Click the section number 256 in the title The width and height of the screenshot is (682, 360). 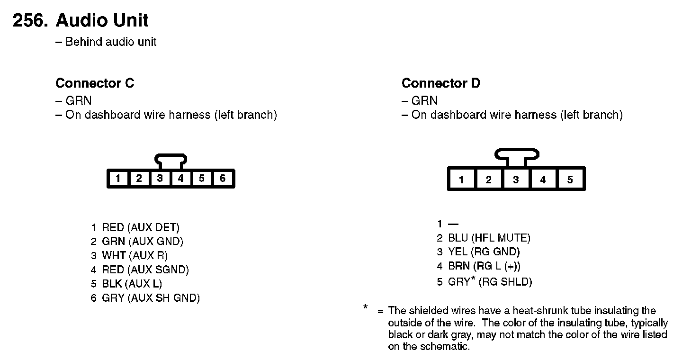(29, 21)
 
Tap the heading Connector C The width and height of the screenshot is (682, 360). (95, 83)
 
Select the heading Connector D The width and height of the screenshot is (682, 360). (440, 83)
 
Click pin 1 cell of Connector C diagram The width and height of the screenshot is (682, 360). (118, 179)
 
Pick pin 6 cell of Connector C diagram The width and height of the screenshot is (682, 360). (222, 179)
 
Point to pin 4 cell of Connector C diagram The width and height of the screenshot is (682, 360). (180, 179)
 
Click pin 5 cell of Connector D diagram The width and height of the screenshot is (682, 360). (570, 180)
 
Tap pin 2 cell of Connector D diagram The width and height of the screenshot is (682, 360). (488, 180)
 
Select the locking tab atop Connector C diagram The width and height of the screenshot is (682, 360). (170, 160)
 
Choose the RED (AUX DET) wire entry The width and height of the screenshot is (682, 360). (140, 228)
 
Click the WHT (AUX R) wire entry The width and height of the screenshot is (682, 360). (135, 256)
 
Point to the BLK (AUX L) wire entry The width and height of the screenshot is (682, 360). (132, 284)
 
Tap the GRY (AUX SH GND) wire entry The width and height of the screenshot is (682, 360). (151, 298)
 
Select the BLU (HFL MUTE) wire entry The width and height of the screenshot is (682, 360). (489, 238)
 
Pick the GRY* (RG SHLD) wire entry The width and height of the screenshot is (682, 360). (490, 282)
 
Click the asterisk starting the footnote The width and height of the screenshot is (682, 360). (366, 307)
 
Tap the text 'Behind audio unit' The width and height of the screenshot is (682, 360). (111, 42)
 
